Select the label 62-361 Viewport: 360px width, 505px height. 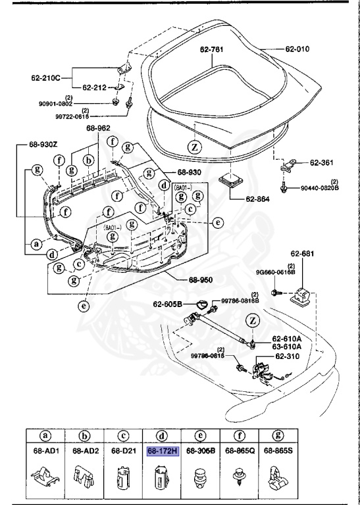[323, 162]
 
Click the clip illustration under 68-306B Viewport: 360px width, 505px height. [198, 479]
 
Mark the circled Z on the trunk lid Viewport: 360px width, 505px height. [195, 147]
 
